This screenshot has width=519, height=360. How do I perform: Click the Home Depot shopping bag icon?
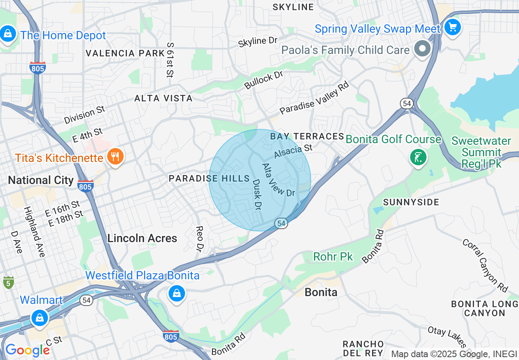8,34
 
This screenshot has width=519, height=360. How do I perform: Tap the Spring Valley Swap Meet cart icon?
453,28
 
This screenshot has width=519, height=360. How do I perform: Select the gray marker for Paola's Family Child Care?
422,49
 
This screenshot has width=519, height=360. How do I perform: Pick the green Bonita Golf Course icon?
418,157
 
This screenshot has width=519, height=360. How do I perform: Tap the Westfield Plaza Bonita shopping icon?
176,293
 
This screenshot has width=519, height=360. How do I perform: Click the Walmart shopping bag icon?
40,317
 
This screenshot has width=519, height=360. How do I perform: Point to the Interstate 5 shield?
8,282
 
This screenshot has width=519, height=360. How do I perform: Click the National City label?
41,180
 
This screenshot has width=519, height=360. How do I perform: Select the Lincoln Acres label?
142,238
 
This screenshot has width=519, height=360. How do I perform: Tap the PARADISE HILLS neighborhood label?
209,178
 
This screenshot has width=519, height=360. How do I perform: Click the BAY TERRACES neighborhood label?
307,136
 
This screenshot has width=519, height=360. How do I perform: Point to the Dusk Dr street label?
257,193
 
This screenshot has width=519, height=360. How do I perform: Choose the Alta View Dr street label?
278,180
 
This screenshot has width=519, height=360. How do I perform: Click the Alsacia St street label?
293,151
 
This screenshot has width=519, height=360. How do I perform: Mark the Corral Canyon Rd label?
485,265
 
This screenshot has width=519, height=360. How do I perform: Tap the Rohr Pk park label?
333,257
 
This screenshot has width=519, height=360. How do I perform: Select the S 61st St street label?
170,60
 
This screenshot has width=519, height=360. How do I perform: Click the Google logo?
27,350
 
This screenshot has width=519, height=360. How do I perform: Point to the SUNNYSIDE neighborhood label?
411,202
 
